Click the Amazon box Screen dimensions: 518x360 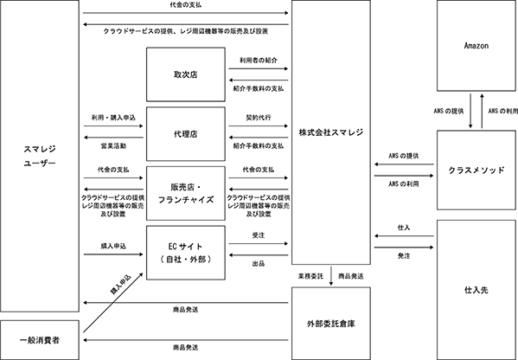pyautogui.click(x=476, y=46)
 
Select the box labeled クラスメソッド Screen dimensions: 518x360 pyautogui.click(x=476, y=170)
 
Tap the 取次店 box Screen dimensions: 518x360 pyautogui.click(x=186, y=74)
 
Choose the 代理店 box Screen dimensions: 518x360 pyautogui.click(x=186, y=134)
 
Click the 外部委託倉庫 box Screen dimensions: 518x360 pyautogui.click(x=330, y=324)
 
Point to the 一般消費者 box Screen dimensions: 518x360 pyautogui.click(x=40, y=340)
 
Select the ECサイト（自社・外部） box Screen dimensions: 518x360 pyautogui.click(x=186, y=253)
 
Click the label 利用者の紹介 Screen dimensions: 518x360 pyautogui.click(x=259, y=61)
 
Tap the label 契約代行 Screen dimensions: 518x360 pyautogui.click(x=259, y=118)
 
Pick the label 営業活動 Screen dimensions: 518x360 pyautogui.click(x=113, y=145)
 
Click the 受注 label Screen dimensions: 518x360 pyautogui.click(x=259, y=235)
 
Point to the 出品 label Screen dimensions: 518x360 pyautogui.click(x=259, y=263)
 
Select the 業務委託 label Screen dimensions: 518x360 pyautogui.click(x=310, y=276)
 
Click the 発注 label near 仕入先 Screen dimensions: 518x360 pyautogui.click(x=404, y=256)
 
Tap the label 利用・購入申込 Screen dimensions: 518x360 pyautogui.click(x=113, y=118)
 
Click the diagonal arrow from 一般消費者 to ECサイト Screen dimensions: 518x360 pyautogui.click(x=113, y=303)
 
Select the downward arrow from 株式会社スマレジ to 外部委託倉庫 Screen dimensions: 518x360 pyautogui.click(x=331, y=276)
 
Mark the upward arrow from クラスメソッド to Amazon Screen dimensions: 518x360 pyautogui.click(x=482, y=111)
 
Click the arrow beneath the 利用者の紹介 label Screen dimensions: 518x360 pyautogui.click(x=259, y=68)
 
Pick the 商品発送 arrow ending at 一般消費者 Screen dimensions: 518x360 pyautogui.click(x=186, y=340)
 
